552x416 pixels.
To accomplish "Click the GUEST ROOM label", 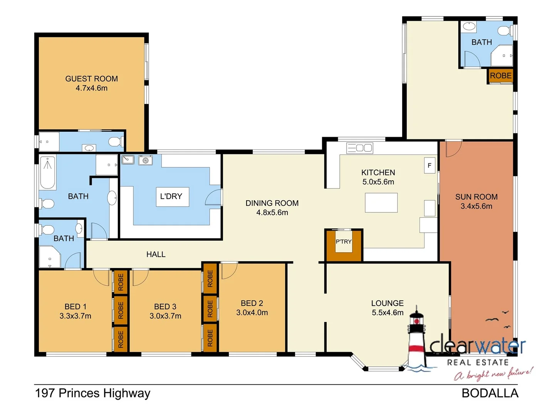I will pyautogui.click(x=91, y=79).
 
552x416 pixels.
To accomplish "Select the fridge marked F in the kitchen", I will pyautogui.click(x=430, y=165).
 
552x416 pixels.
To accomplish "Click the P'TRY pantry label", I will pyautogui.click(x=343, y=242).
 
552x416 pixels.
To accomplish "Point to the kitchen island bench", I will pyautogui.click(x=381, y=203).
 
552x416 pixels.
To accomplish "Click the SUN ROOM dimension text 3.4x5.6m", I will pyautogui.click(x=476, y=206).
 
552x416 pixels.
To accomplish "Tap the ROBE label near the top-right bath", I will pyautogui.click(x=500, y=76).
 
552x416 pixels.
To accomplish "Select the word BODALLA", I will pyautogui.click(x=490, y=393).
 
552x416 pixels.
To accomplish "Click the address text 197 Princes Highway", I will pyautogui.click(x=92, y=393).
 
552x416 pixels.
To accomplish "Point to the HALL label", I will pyautogui.click(x=156, y=254).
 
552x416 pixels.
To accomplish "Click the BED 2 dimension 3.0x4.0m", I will pyautogui.click(x=252, y=313).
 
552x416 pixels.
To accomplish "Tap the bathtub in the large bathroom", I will pyautogui.click(x=48, y=172).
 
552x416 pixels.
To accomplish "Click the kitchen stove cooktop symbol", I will pyautogui.click(x=360, y=148).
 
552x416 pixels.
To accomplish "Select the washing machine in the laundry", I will pyautogui.click(x=145, y=160).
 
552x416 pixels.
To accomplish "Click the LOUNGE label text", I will pyautogui.click(x=387, y=304).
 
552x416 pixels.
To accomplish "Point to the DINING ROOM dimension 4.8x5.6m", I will pyautogui.click(x=272, y=213).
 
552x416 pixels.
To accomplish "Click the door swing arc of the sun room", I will pyautogui.click(x=454, y=149).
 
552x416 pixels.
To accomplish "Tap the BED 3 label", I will pyautogui.click(x=165, y=307).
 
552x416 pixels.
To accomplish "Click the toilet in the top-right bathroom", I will pyautogui.click(x=504, y=30).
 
